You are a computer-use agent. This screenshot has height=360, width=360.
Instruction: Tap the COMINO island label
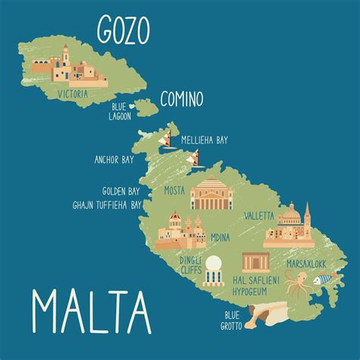(182, 98)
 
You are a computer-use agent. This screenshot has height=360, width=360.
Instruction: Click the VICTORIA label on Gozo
(72, 94)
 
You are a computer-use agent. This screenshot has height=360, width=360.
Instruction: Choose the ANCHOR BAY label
(115, 160)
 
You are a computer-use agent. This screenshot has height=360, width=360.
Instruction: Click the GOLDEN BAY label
(122, 191)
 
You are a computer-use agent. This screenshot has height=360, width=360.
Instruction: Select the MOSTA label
(175, 191)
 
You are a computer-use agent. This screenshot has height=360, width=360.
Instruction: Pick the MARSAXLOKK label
(306, 264)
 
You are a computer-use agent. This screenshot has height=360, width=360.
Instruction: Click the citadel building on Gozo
(66, 68)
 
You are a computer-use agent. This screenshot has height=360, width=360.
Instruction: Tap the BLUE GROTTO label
(232, 320)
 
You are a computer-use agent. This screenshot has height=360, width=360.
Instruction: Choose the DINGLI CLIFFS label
(190, 264)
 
